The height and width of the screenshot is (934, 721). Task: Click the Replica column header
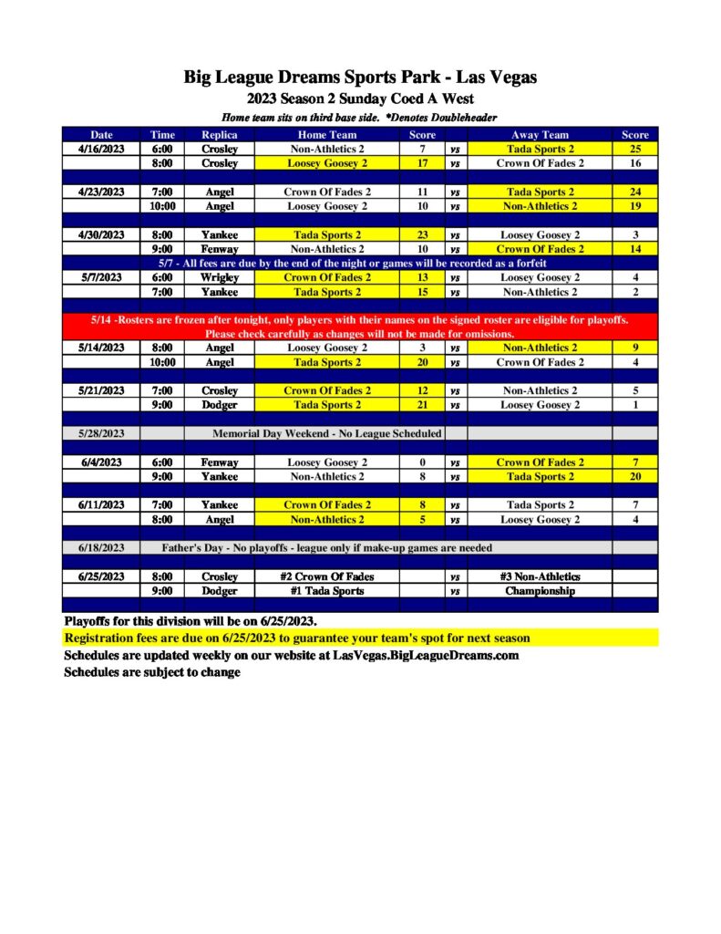[x=219, y=135]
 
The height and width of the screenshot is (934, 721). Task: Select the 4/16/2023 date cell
[x=100, y=149]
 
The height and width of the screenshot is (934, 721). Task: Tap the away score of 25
[x=634, y=149]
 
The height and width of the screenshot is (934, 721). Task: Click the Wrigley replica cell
[x=219, y=277]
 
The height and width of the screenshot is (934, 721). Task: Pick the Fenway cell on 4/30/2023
[x=219, y=249]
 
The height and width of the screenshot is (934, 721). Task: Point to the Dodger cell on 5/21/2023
[x=219, y=405]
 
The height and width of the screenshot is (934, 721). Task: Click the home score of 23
[x=422, y=234]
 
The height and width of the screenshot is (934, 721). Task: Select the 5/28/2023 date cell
[x=100, y=433]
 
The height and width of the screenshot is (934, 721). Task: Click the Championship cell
[x=540, y=591]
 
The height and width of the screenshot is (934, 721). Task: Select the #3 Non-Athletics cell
[x=540, y=576]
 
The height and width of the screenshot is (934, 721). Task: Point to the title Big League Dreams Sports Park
[x=360, y=78]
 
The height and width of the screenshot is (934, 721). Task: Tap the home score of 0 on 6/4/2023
[x=422, y=462]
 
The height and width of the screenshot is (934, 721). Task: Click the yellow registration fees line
[x=296, y=638]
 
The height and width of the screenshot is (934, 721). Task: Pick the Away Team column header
[x=540, y=135]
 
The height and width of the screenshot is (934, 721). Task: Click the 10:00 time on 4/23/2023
[x=162, y=206]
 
